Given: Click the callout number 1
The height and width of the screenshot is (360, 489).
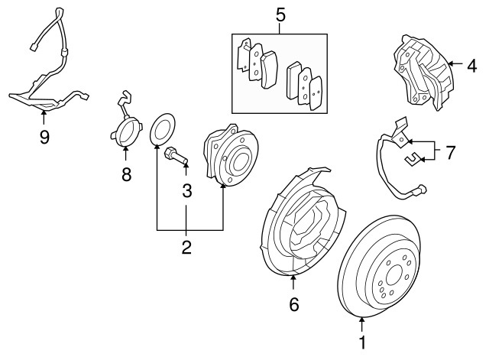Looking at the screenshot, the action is pyautogui.click(x=362, y=342).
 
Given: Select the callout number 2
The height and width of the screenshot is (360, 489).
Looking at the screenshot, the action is pyautogui.click(x=186, y=247).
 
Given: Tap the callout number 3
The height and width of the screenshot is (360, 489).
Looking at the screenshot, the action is pyautogui.click(x=186, y=190).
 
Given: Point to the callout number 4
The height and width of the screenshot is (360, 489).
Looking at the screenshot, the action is pyautogui.click(x=472, y=66).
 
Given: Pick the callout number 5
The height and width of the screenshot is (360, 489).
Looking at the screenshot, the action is pyautogui.click(x=280, y=15).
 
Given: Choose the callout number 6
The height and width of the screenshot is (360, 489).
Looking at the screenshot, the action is pyautogui.click(x=293, y=304).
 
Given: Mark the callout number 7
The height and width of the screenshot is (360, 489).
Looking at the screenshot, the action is pyautogui.click(x=449, y=153).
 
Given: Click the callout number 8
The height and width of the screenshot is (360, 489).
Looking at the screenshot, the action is pyautogui.click(x=126, y=174).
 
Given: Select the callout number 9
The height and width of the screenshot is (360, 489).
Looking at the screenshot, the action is pyautogui.click(x=44, y=137).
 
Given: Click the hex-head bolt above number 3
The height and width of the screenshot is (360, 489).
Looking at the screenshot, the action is pyautogui.click(x=176, y=155).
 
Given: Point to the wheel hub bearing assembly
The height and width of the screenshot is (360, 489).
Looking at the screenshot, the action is pyautogui.click(x=231, y=155).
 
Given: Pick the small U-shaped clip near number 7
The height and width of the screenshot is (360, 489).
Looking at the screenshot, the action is pyautogui.click(x=413, y=159).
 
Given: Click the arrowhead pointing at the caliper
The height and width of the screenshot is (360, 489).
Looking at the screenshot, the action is pyautogui.click(x=451, y=63).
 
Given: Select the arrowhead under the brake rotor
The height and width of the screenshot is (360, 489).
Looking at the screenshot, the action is pyautogui.click(x=361, y=319).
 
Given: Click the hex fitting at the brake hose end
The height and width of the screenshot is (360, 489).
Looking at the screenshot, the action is pyautogui.click(x=421, y=190).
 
